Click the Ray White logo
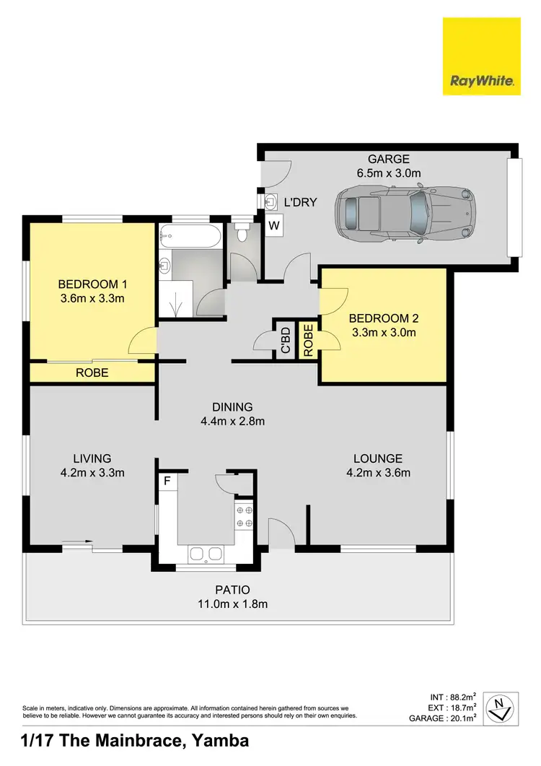pyautogui.click(x=481, y=56)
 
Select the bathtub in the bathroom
pyautogui.click(x=190, y=235)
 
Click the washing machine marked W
pyautogui.click(x=274, y=225)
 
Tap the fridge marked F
pyautogui.click(x=167, y=480)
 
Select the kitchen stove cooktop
pyautogui.click(x=244, y=515)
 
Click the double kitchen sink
pyautogui.click(x=206, y=554)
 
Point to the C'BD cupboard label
pyautogui.click(x=285, y=340)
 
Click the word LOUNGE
pyautogui.click(x=377, y=458)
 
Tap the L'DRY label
pyautogui.click(x=300, y=203)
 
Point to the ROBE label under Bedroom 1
pyautogui.click(x=92, y=373)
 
